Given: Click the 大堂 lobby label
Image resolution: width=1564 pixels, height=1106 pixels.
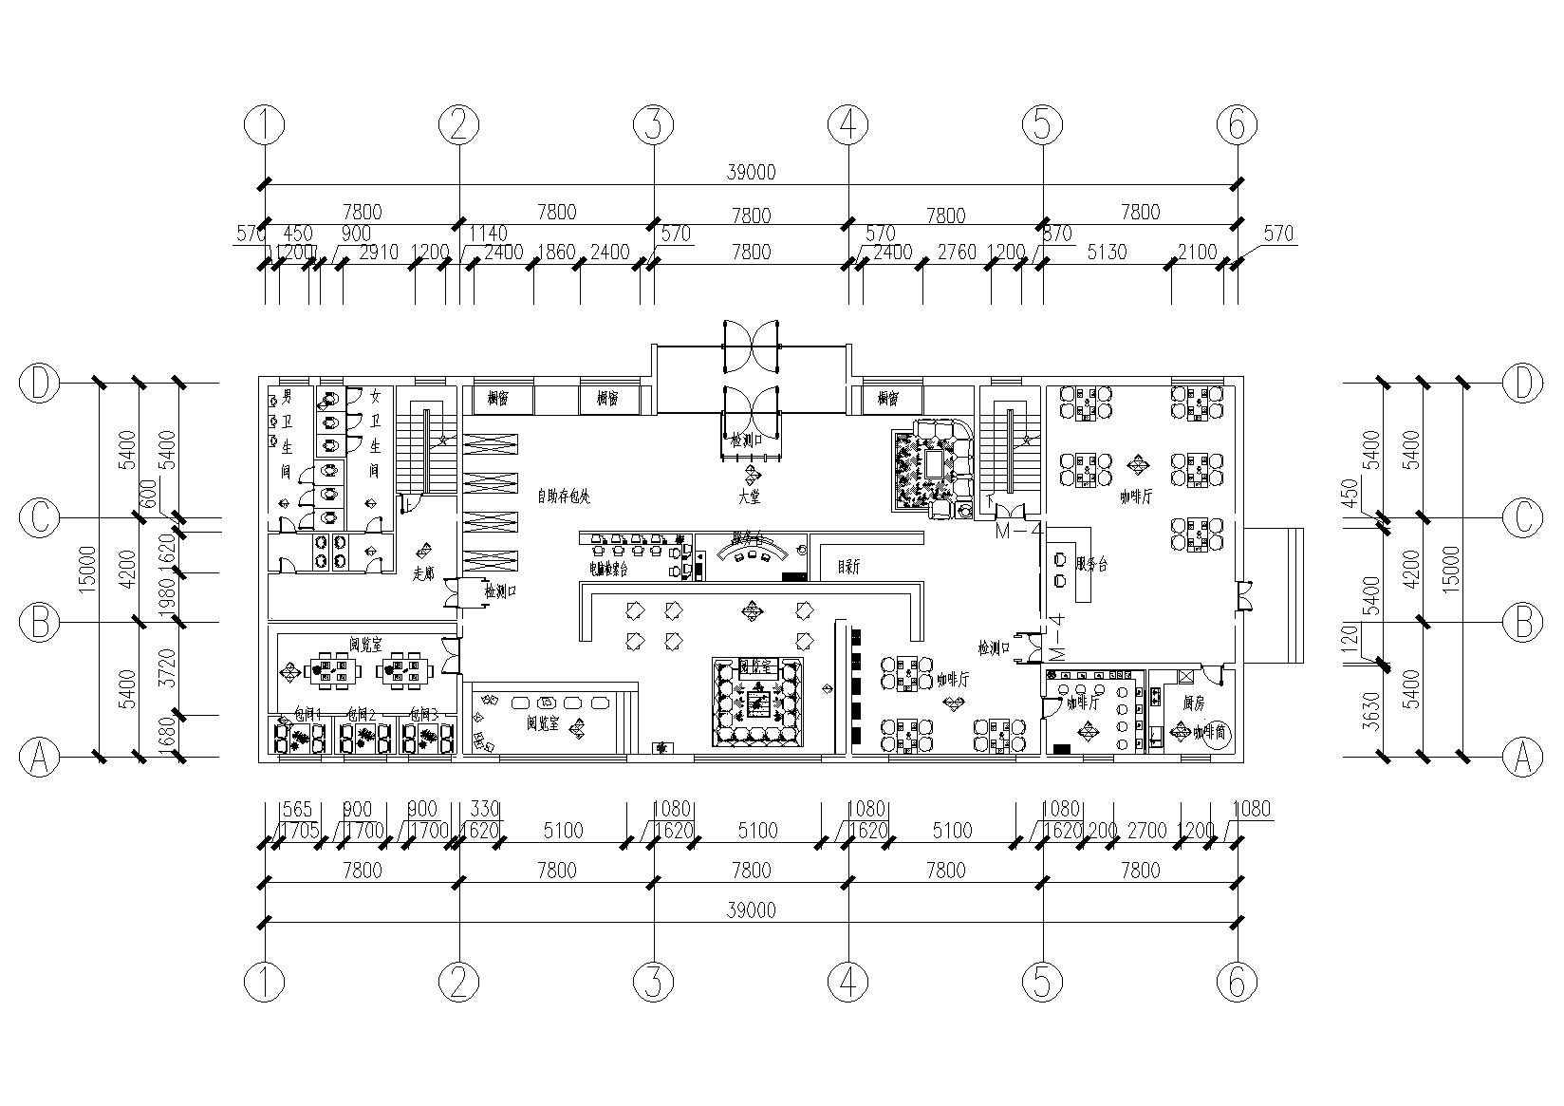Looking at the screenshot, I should point(751,496).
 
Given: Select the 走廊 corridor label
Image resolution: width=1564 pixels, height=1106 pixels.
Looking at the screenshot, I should point(423,573).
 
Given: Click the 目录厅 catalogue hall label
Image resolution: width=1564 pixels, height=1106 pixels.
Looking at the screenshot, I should point(847,568).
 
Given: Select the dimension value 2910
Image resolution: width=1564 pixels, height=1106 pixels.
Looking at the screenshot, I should point(379,253).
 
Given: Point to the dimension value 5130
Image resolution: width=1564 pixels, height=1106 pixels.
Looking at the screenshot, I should point(1108,253).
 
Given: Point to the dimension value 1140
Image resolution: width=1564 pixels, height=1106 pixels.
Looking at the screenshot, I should point(489,234).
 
